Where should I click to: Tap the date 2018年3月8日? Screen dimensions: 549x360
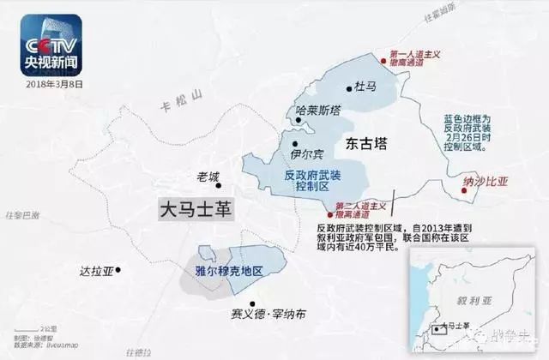tap(54, 84)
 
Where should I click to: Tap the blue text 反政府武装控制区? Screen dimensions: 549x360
tap(311, 181)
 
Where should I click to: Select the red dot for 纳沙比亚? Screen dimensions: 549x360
tap(467, 194)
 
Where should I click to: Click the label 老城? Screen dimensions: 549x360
tap(208, 177)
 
